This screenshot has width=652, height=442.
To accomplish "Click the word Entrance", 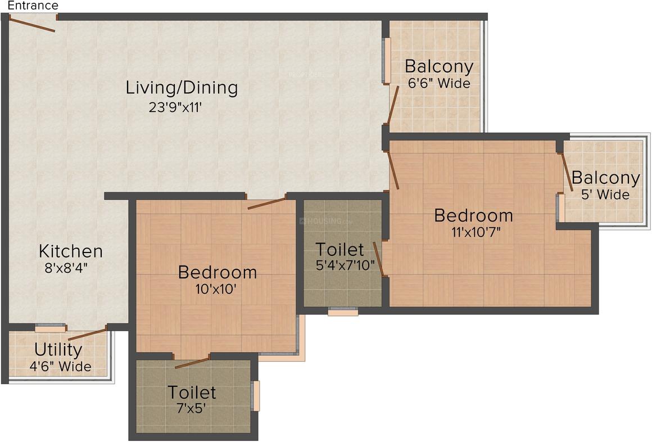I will pos(33,6).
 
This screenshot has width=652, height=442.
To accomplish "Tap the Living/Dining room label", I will pos(182,88).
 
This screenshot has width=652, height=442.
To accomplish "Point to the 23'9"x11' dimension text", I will pos(175,107).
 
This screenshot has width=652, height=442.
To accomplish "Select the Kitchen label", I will pos(70,251).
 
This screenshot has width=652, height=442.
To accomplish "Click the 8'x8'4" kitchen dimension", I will pos(66,268).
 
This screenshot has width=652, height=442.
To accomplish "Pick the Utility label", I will pos(58,350).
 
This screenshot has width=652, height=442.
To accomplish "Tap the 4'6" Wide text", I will pos(60,367).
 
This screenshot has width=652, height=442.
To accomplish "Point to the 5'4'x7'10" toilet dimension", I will pos(346,265).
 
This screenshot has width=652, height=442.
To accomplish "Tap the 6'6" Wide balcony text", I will pos(439,84).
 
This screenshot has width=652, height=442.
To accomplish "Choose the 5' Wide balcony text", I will pos(605,195).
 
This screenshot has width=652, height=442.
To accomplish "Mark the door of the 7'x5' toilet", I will pos(192,362).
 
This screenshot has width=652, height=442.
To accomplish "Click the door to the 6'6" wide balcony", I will pos(393,105).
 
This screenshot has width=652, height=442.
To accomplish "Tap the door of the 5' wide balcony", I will pos(567,169).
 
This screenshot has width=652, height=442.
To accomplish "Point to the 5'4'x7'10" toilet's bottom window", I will pos(343,312).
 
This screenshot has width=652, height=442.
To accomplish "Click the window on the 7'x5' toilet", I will pos(256,395).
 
